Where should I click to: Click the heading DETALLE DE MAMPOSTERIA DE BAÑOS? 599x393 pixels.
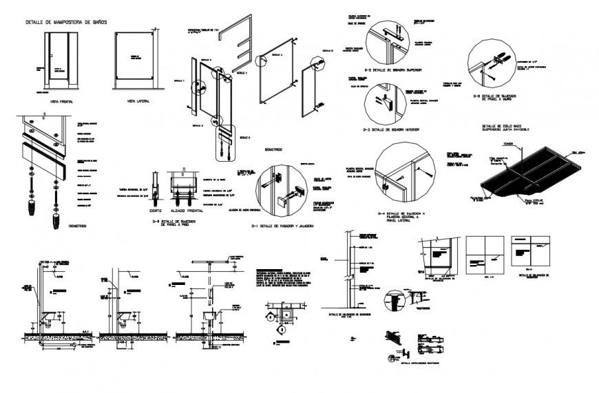tap(65, 23)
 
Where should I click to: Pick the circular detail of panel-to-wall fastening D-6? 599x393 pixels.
tap(492, 65)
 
